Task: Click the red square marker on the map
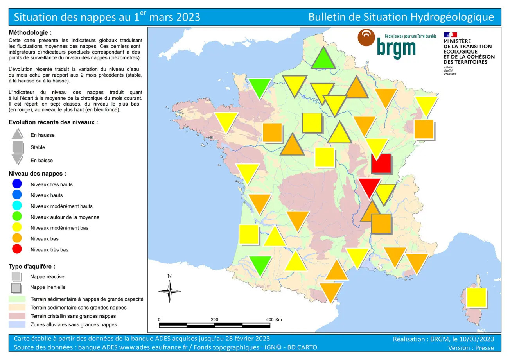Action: (381, 163)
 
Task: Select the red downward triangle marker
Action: (370, 186)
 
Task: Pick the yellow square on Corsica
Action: (476, 298)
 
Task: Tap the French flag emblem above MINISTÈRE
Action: (450, 35)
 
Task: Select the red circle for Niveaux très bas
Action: (17, 249)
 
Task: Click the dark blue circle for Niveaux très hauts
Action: (17, 184)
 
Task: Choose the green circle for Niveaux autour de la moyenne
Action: (17, 217)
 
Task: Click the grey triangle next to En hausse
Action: (18, 134)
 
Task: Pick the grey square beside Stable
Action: (18, 147)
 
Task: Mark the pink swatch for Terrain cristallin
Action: (17, 316)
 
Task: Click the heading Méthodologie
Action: (30, 33)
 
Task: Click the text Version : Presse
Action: (471, 347)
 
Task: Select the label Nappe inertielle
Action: (48, 287)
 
